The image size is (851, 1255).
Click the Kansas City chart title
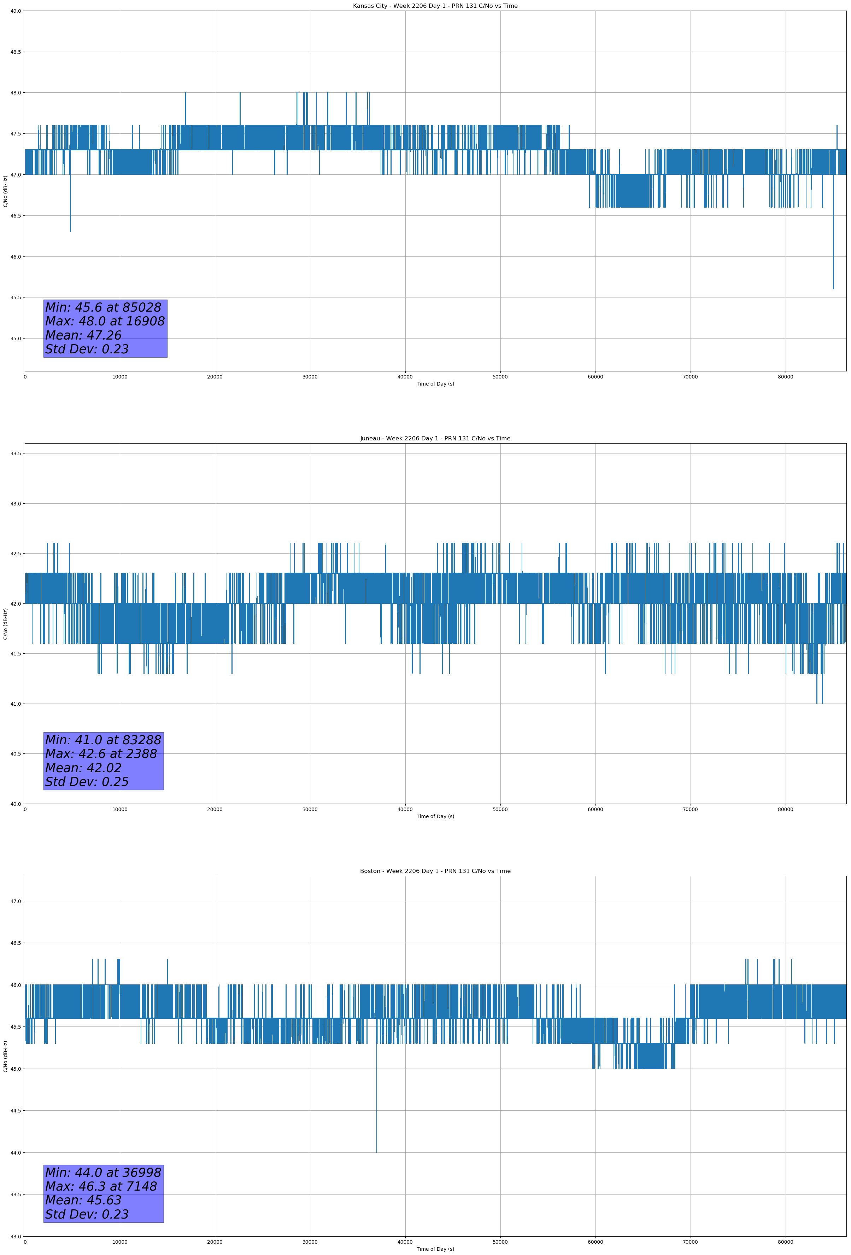(435, 6)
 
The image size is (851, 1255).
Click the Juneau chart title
(435, 439)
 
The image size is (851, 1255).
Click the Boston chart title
(435, 871)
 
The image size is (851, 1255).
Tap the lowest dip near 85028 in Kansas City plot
(833, 288)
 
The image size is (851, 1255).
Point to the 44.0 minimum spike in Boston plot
(377, 1151)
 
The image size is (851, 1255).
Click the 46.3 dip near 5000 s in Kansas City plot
(70, 231)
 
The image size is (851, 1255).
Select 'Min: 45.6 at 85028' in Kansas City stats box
(103, 307)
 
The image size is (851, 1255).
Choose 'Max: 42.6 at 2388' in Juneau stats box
(101, 754)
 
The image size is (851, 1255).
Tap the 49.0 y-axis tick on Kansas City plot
(16, 11)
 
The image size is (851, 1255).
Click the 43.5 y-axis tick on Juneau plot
(16, 453)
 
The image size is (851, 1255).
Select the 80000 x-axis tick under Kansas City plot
(785, 377)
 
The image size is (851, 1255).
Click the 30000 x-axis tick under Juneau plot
(310, 809)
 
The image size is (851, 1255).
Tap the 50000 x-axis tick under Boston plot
(500, 1242)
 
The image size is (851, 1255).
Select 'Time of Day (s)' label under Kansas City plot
(435, 384)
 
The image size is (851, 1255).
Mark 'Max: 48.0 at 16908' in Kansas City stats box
(105, 321)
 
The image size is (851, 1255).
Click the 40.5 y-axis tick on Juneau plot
(16, 754)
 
